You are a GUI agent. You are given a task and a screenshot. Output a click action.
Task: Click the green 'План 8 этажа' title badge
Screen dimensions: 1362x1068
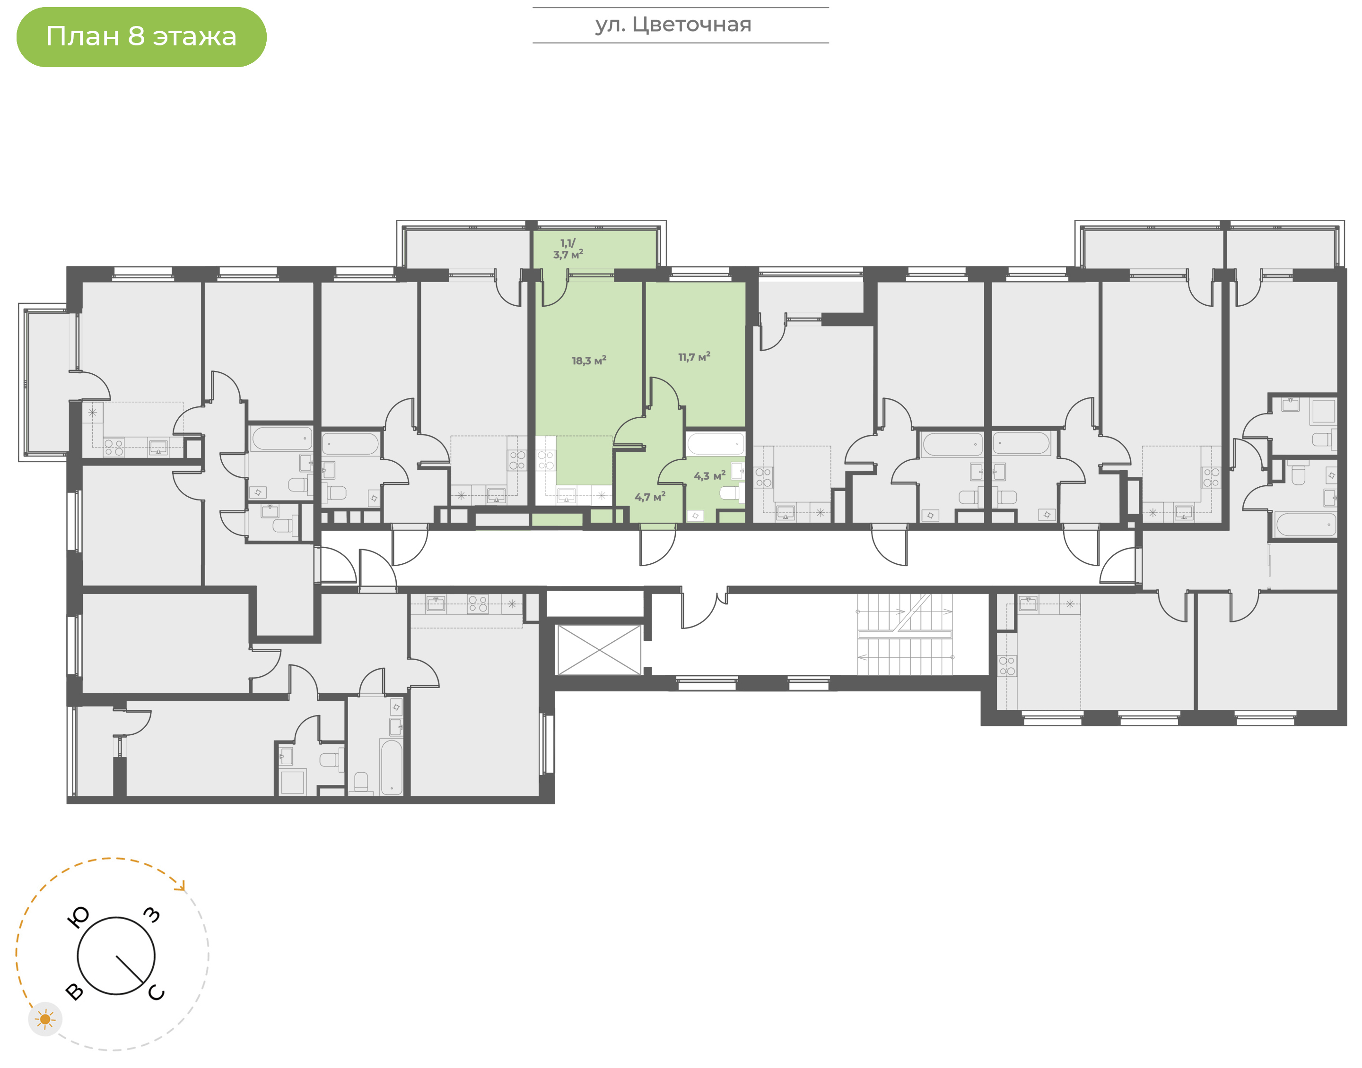(x=141, y=37)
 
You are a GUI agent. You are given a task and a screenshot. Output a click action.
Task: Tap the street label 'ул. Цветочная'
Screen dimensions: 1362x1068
(x=673, y=25)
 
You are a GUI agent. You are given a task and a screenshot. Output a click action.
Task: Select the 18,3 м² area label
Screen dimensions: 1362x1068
(x=589, y=361)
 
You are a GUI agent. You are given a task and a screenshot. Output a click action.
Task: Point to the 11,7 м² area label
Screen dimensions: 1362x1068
(x=694, y=357)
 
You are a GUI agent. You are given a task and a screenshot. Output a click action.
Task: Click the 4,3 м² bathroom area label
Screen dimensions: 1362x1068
(x=709, y=476)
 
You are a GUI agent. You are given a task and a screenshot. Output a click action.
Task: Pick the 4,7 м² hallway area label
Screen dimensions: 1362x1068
(x=650, y=497)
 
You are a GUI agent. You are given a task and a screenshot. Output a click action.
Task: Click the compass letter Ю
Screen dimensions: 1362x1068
(x=78, y=917)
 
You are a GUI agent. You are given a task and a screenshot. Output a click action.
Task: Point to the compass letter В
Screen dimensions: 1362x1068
(x=74, y=992)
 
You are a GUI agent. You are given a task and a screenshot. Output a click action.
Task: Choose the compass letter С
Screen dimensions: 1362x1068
(x=157, y=992)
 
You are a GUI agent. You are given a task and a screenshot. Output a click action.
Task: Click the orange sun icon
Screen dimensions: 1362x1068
(x=45, y=1019)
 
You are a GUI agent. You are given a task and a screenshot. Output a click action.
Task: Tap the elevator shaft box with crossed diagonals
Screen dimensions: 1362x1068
(x=599, y=650)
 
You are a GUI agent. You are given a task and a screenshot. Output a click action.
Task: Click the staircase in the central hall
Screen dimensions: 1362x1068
(x=905, y=634)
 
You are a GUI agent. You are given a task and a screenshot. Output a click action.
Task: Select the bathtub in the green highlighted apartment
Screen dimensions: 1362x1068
(x=716, y=444)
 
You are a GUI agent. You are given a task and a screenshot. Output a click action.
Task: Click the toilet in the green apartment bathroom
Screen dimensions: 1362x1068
(x=731, y=493)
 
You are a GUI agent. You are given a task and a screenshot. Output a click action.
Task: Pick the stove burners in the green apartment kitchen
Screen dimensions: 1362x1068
(x=546, y=461)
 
